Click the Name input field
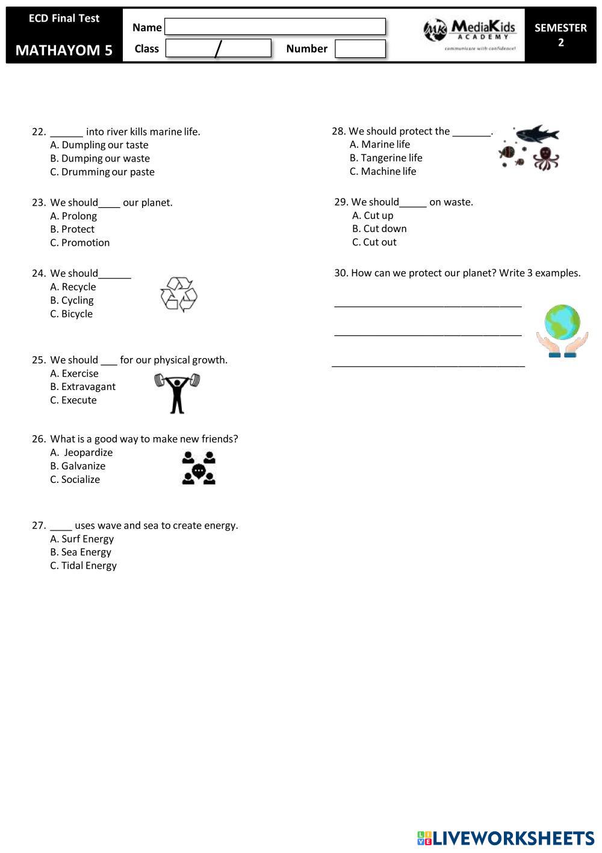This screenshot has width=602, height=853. click(x=275, y=27)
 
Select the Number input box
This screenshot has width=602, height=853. click(x=360, y=49)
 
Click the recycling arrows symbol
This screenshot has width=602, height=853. click(x=179, y=294)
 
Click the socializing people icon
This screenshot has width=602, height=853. click(x=199, y=468)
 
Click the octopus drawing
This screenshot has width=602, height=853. click(x=546, y=158)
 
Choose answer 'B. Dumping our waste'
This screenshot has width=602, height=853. click(x=100, y=159)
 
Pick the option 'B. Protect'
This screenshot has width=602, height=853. click(x=72, y=229)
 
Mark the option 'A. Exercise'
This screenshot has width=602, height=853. click(x=74, y=374)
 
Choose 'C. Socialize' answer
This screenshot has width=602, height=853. click(x=75, y=480)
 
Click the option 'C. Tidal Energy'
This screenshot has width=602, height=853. click(x=83, y=566)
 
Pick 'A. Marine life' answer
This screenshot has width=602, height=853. click(x=380, y=145)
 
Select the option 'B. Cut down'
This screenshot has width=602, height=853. click(x=379, y=229)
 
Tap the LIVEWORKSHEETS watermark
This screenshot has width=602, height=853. click(x=506, y=838)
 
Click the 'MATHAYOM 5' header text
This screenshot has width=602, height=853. click(x=64, y=50)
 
